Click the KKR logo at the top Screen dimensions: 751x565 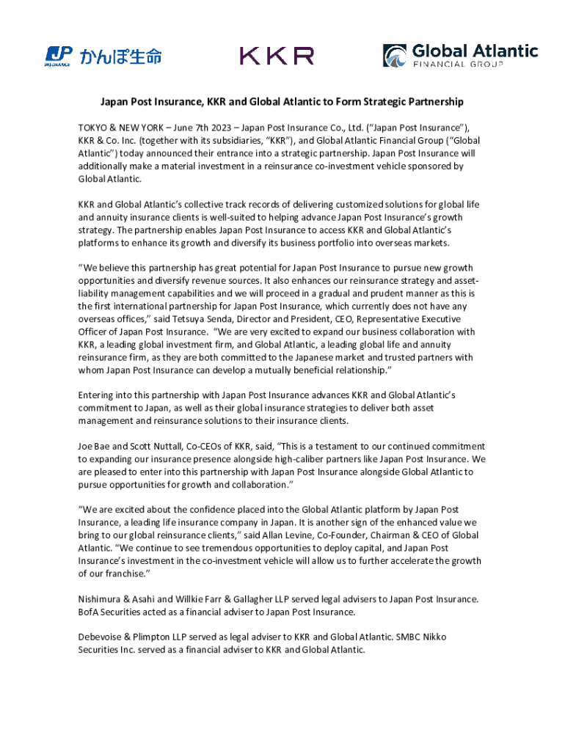277,56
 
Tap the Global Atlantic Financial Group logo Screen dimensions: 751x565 460,56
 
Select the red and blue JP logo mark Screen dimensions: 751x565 59,55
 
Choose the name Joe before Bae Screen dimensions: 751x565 86,446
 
